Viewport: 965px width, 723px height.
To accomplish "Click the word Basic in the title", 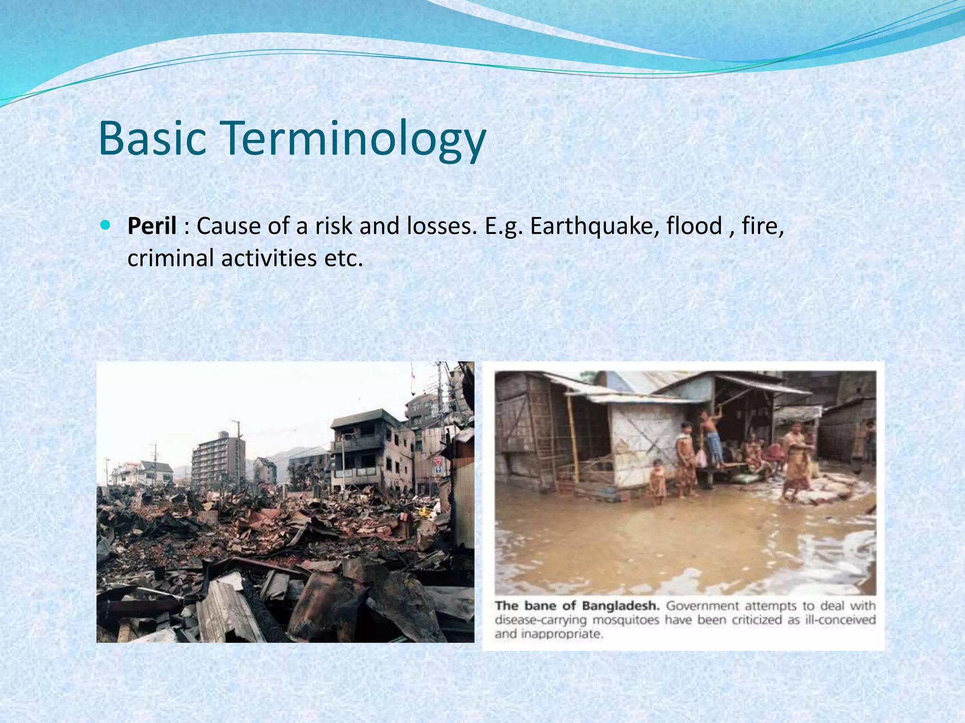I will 152,138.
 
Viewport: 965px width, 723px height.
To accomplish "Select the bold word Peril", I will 152,226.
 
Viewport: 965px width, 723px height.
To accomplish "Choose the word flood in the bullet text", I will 694,226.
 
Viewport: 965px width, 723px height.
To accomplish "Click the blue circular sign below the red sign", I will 438,471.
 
